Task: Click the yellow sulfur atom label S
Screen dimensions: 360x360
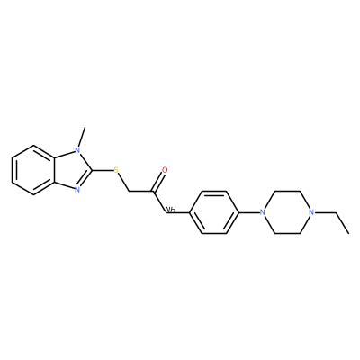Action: click(116, 171)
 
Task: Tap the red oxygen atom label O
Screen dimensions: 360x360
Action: click(165, 170)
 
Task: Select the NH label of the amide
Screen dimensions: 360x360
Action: click(170, 210)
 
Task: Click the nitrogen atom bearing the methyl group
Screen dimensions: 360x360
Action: click(77, 150)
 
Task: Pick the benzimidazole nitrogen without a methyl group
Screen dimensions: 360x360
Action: click(77, 189)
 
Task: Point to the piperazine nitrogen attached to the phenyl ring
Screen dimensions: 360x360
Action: click(263, 212)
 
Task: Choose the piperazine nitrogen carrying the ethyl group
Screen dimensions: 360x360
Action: click(311, 212)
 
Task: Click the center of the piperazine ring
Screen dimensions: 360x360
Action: click(287, 212)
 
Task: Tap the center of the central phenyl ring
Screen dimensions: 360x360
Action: click(214, 212)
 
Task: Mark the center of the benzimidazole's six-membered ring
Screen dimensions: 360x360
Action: click(33, 170)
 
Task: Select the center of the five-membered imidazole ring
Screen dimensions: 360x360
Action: click(72, 170)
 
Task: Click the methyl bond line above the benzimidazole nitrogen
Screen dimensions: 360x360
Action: click(82, 137)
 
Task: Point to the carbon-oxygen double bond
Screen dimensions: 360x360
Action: click(159, 181)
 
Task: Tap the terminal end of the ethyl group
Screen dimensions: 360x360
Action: click(349, 233)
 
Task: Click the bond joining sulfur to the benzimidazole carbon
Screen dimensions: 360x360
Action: click(103, 170)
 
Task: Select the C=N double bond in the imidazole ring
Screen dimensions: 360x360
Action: click(85, 179)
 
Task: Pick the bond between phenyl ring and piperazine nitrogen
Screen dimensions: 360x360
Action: click(249, 212)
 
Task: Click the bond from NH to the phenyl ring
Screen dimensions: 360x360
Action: click(183, 212)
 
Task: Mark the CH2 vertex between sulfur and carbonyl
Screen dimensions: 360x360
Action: click(129, 192)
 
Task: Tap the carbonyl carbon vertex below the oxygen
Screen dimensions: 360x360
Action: click(154, 192)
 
